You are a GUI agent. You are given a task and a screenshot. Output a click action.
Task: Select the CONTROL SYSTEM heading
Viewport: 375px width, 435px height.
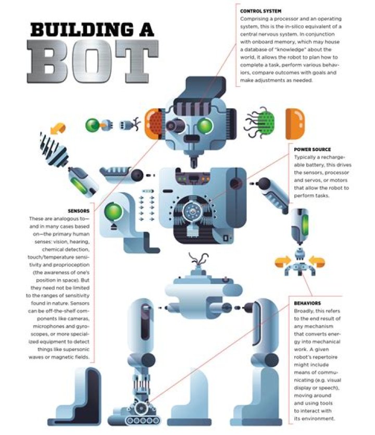tap(260, 11)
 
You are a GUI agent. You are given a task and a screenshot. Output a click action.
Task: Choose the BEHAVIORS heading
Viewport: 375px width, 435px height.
tap(307, 303)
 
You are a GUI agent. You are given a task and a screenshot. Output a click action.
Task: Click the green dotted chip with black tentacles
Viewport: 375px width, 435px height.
tap(264, 124)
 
